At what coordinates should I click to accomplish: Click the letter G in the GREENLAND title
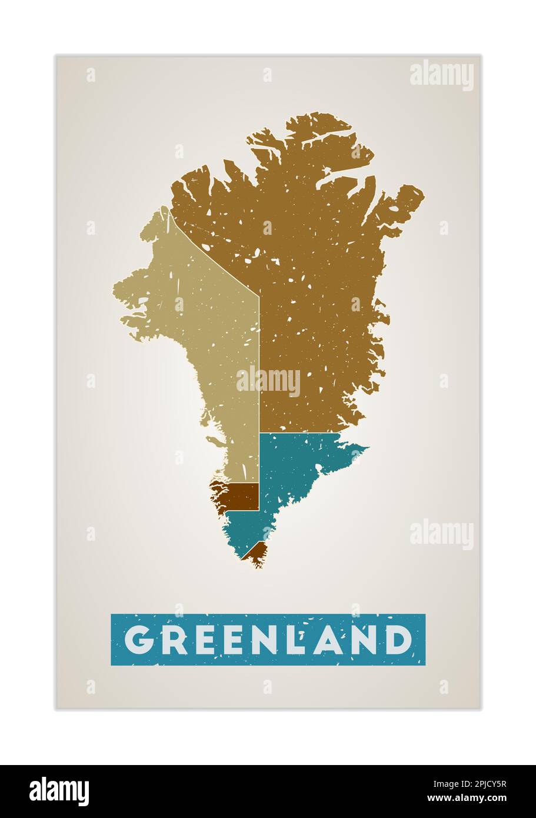tap(139, 640)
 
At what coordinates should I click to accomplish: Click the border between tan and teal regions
tap(259, 459)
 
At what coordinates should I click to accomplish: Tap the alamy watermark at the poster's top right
tap(441, 75)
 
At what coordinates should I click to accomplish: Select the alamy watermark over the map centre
tap(268, 382)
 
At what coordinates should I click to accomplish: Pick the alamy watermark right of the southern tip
tap(441, 534)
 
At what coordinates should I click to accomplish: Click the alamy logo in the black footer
tap(59, 791)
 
